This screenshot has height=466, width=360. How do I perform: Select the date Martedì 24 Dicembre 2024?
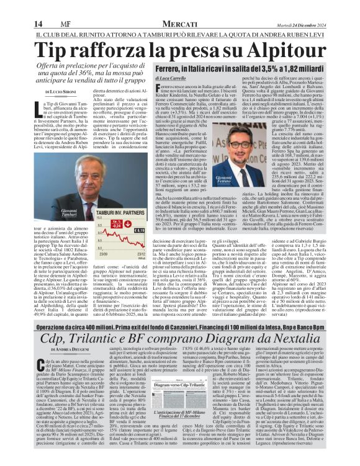(x=320, y=7)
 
